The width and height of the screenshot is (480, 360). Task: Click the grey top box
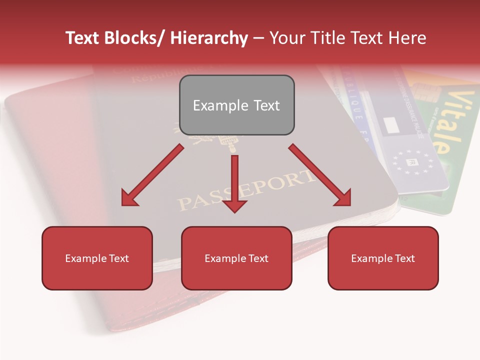pyautogui.click(x=236, y=105)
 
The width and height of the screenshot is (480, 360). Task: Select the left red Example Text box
pyautogui.click(x=97, y=258)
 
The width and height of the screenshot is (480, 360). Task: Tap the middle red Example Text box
pyautogui.click(x=236, y=258)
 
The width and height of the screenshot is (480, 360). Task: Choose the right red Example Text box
pyautogui.click(x=383, y=258)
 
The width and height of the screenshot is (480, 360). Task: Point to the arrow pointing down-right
pyautogui.click(x=320, y=175)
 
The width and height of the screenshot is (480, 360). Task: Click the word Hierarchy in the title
pyautogui.click(x=209, y=38)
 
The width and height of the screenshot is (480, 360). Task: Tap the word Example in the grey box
pyautogui.click(x=213, y=105)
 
